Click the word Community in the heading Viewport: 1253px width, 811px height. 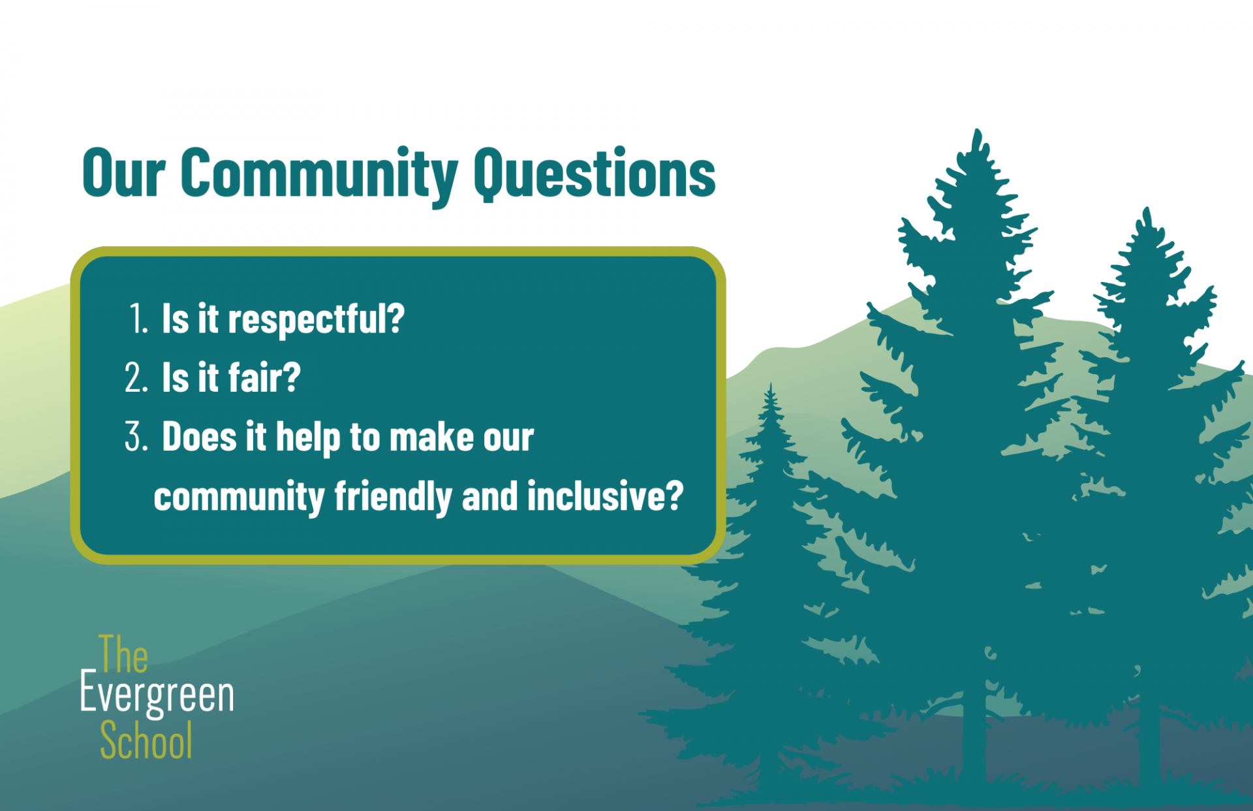click(318, 174)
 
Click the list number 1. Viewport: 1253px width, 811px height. click(138, 319)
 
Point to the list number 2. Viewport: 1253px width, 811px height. click(136, 377)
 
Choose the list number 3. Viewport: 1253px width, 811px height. click(136, 436)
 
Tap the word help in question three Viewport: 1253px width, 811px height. click(308, 437)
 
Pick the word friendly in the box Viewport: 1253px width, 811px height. click(393, 496)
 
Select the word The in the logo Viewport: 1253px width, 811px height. click(123, 654)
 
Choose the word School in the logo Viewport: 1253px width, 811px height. click(146, 740)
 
